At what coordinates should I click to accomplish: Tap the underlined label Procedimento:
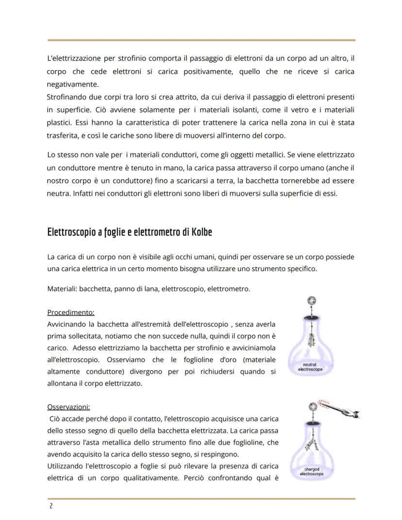tap(71, 312)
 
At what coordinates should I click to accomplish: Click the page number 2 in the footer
tap(50, 506)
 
